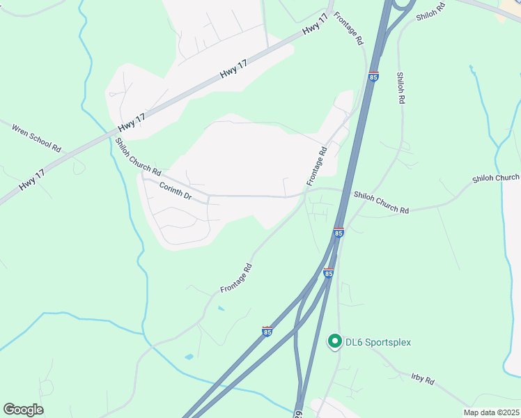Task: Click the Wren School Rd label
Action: coord(37,136)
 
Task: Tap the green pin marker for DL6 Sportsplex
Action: coord(334,341)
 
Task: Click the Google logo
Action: coord(23,410)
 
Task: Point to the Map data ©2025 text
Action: coord(492,412)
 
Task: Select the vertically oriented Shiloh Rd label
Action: coord(401,88)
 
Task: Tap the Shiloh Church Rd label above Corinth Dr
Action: coord(138,156)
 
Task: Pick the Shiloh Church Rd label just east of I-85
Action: coord(380,202)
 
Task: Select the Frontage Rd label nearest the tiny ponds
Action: coord(235,278)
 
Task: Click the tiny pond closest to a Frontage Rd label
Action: coord(221,308)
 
